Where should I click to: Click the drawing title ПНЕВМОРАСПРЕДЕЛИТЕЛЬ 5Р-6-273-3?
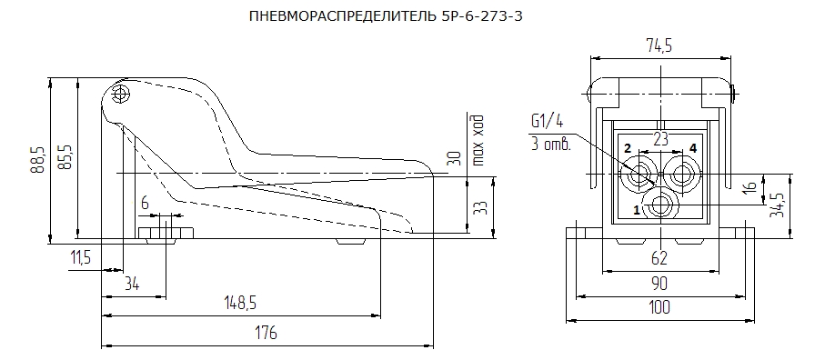[x=386, y=16]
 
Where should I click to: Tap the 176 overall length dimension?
[x=267, y=334]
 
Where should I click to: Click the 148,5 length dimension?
[x=239, y=303]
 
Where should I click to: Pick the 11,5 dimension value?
[x=80, y=258]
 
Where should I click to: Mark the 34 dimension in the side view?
[x=132, y=284]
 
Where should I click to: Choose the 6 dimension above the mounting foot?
[x=146, y=204]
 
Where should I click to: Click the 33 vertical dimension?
[x=480, y=206]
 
